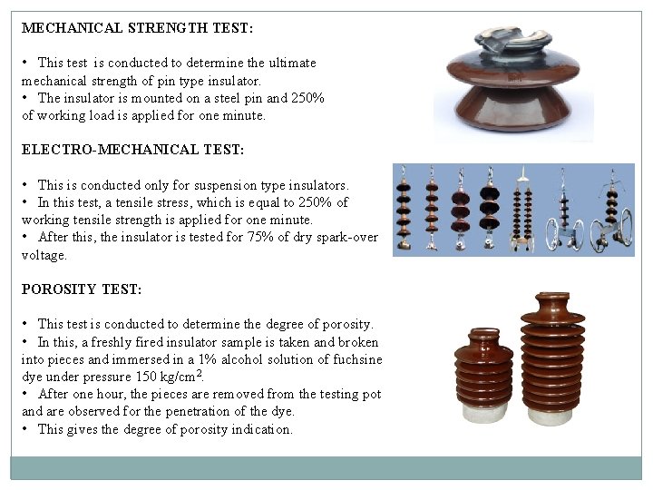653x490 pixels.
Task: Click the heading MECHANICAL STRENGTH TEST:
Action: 137,28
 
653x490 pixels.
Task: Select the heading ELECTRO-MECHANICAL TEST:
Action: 133,149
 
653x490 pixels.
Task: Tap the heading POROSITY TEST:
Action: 82,289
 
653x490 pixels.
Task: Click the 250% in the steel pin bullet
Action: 307,98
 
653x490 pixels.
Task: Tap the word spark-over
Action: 345,238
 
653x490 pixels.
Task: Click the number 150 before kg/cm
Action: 149,377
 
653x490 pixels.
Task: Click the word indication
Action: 260,429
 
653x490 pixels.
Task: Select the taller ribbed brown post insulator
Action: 553,358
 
